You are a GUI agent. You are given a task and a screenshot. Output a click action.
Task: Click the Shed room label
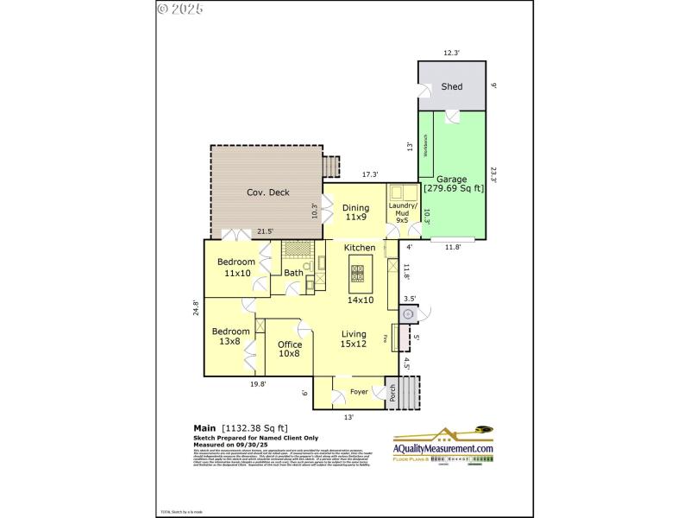tap(452, 87)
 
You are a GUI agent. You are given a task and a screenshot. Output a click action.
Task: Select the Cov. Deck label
tap(267, 193)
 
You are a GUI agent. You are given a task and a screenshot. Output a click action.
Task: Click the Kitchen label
tap(360, 248)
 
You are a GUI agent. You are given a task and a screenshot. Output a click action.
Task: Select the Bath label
tap(294, 274)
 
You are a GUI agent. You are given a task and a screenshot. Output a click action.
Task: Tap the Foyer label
tap(359, 393)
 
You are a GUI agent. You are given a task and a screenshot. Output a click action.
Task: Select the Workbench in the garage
tap(425, 145)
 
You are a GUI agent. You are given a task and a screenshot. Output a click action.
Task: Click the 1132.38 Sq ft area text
tap(255, 427)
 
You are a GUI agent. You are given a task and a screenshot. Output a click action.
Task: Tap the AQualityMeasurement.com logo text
tap(443, 449)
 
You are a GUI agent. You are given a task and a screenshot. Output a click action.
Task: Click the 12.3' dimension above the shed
tap(452, 54)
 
